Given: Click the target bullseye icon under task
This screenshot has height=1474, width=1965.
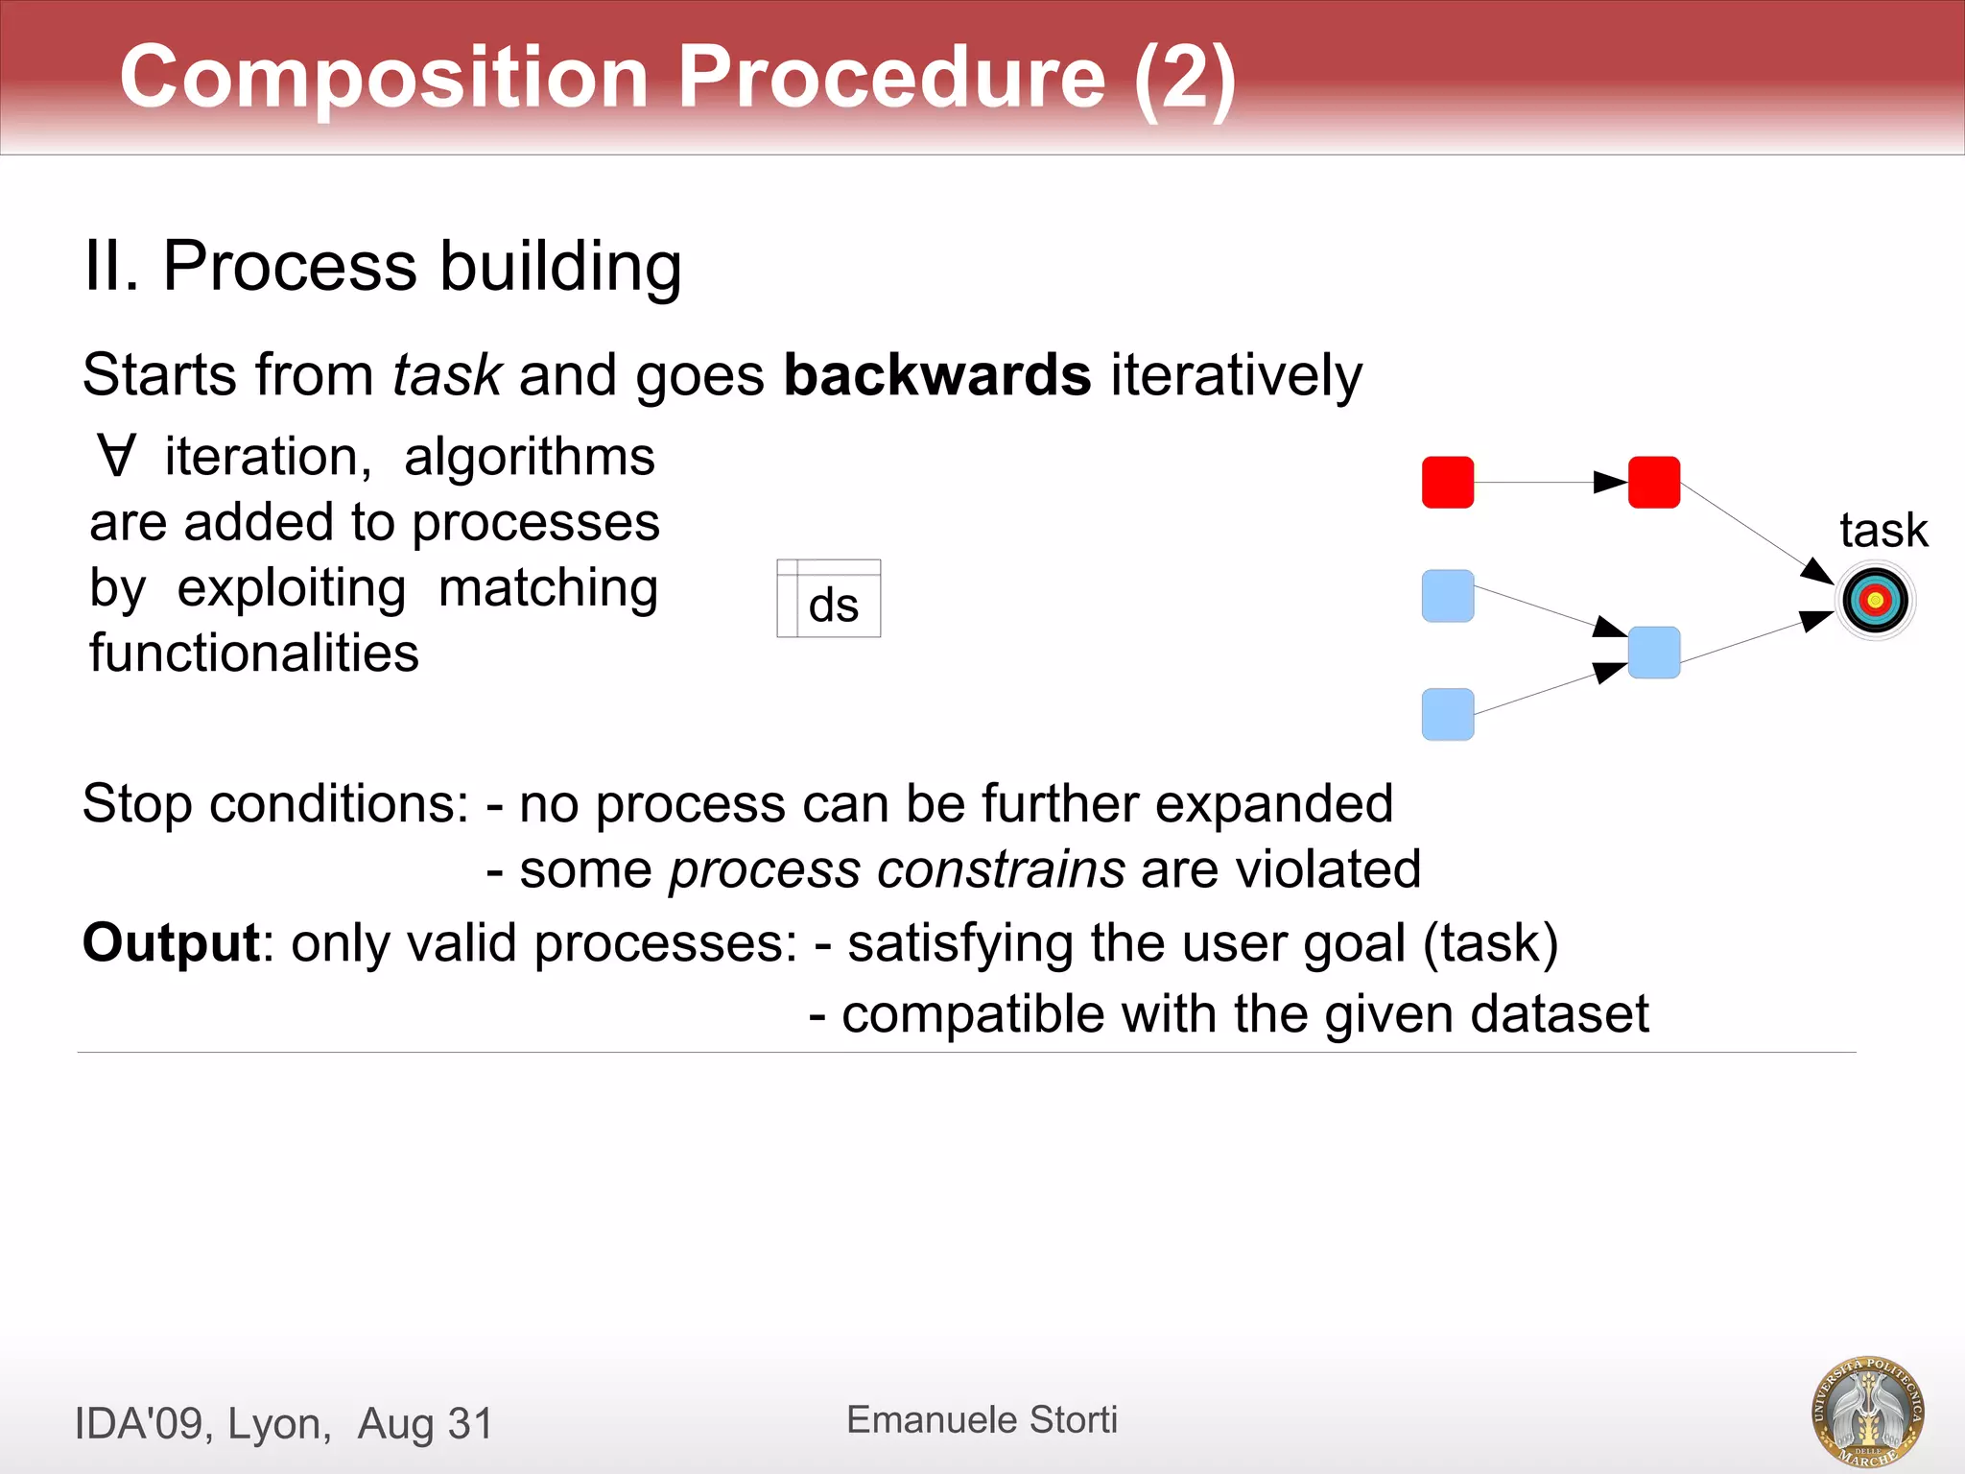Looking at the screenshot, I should [1876, 601].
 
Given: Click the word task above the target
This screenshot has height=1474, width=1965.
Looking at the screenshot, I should [1882, 531].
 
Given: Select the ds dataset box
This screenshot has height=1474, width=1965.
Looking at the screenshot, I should [829, 600].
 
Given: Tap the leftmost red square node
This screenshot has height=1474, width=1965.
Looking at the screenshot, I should [1447, 482].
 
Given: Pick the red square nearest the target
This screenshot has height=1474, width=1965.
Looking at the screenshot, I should [1653, 482].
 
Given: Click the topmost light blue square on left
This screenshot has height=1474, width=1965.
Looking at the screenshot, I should [1447, 596].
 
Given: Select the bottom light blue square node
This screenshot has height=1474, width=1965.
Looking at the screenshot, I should [1447, 714].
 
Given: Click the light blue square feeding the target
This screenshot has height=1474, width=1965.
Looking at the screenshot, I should [1653, 653].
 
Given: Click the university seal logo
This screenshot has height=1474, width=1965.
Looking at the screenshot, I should [1867, 1412].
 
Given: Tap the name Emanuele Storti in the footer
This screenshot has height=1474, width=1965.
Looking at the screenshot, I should [982, 1419].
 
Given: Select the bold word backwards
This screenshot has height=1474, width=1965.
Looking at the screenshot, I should [936, 374].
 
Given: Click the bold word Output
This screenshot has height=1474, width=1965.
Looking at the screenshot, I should [171, 942].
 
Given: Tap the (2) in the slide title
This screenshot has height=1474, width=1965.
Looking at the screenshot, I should [1184, 77].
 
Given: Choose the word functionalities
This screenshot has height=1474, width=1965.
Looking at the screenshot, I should [254, 654].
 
